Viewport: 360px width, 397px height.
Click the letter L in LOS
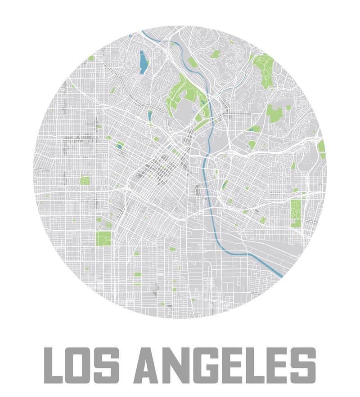pyautogui.click(x=54, y=364)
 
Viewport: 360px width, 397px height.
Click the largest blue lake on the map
pyautogui.click(x=143, y=62)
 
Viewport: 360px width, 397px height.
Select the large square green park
pyautogui.click(x=103, y=238)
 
